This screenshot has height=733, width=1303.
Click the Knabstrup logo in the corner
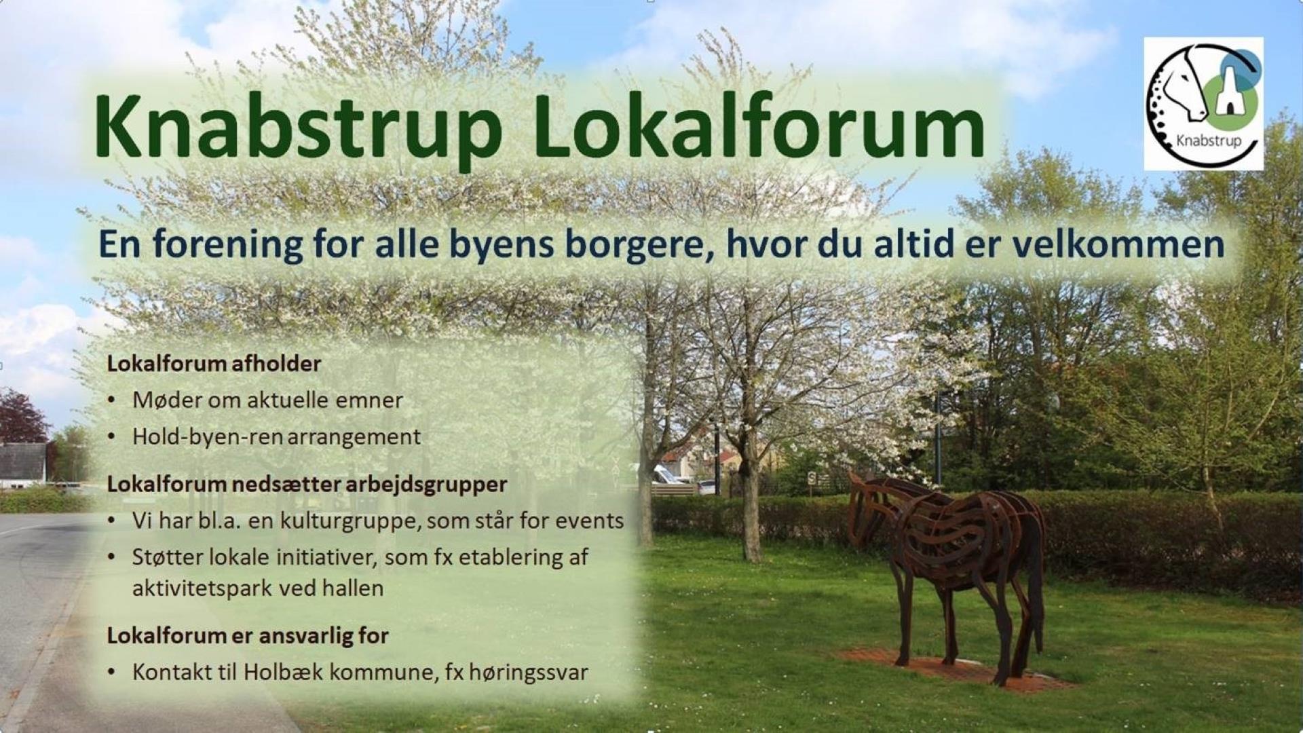point(1203,104)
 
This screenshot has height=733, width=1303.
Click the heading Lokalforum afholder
point(214,364)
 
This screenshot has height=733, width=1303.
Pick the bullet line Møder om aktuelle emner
point(267,400)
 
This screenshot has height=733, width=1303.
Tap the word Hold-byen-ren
point(207,436)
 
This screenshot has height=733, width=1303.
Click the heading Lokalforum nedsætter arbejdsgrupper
point(307,485)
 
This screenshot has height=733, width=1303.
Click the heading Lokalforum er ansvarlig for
point(248,636)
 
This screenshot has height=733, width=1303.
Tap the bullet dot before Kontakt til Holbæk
point(111,673)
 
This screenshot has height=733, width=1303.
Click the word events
point(590,521)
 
